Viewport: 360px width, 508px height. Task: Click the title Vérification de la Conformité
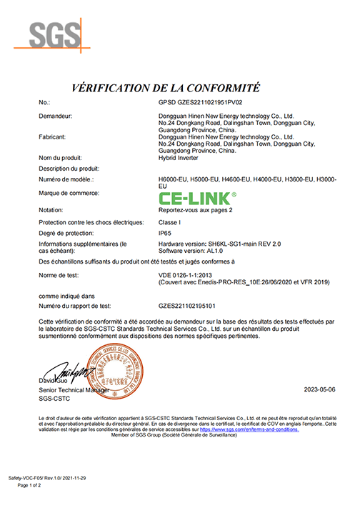[x=165, y=88]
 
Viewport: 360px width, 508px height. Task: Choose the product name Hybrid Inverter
[x=179, y=157]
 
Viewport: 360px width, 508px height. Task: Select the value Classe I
[x=171, y=221]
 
